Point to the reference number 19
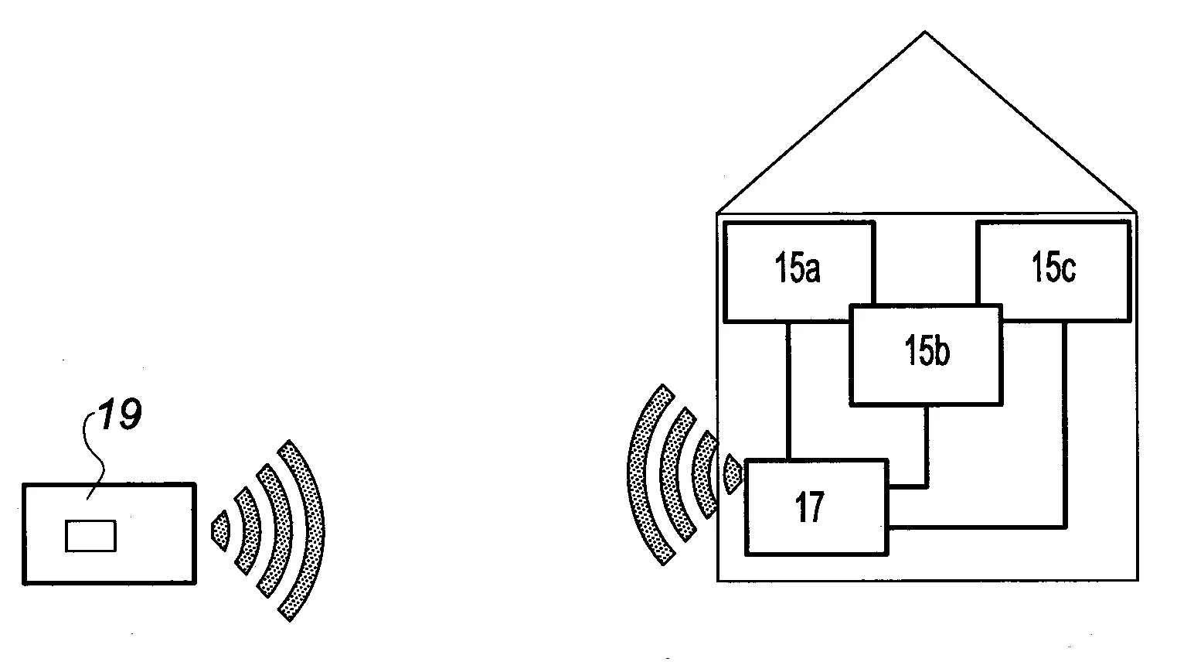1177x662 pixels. coord(121,414)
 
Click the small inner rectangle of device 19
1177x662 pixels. coord(90,536)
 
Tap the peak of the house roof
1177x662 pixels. coord(925,32)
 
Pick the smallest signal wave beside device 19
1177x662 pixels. coord(221,531)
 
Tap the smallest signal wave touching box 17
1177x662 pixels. coord(732,474)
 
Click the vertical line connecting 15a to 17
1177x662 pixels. coord(789,391)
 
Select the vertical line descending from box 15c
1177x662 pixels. coord(1064,424)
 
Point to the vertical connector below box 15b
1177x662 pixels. coord(927,446)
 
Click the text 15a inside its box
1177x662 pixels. coord(797,268)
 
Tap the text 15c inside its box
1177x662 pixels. coord(1053,267)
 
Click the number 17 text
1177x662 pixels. coord(809,507)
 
